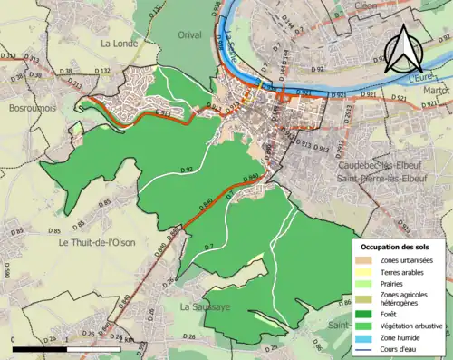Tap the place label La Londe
tap(119, 43)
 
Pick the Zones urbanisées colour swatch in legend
tap(366, 261)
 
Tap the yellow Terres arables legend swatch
tap(366, 272)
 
